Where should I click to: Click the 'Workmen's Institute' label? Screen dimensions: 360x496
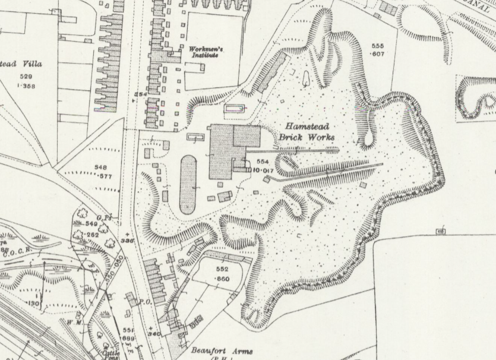pyautogui.click(x=203, y=52)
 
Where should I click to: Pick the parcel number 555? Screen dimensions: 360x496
pyautogui.click(x=377, y=46)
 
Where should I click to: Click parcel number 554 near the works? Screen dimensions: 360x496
pyautogui.click(x=263, y=162)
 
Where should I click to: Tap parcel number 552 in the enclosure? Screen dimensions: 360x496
pyautogui.click(x=222, y=270)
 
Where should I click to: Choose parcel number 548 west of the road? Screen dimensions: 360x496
pyautogui.click(x=100, y=168)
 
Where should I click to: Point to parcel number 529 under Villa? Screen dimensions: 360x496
pyautogui.click(x=26, y=77)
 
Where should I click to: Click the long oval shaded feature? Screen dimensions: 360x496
pyautogui.click(x=188, y=184)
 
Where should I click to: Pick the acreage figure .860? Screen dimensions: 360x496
pyautogui.click(x=222, y=279)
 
